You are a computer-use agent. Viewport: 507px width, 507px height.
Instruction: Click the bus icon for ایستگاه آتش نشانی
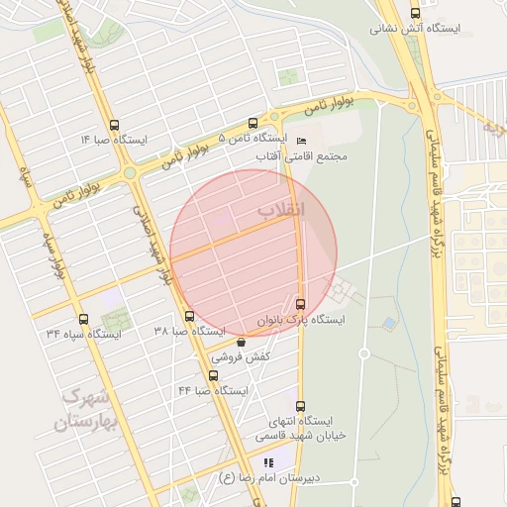point(415,13)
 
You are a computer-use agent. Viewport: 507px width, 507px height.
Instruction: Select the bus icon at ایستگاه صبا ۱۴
point(115,126)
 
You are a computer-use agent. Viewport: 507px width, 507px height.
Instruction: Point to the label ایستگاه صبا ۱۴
point(113,141)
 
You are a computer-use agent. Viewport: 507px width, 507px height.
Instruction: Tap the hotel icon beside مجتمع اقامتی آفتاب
point(302,142)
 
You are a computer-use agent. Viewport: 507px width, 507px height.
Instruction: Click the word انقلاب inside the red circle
point(282,211)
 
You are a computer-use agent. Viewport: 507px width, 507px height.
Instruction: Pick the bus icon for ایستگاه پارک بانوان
point(301,304)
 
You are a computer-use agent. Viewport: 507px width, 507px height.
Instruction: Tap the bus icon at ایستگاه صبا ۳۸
point(189,317)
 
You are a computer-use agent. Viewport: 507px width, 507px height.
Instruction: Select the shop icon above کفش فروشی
point(241,342)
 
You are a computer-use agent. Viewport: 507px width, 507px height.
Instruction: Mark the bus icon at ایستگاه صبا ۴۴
point(215,376)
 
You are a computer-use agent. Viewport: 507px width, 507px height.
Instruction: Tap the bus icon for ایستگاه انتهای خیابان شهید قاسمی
point(300,406)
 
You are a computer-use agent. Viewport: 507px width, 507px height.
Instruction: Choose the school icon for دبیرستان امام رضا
point(267,462)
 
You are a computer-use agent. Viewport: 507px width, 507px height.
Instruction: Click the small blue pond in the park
point(389,323)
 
